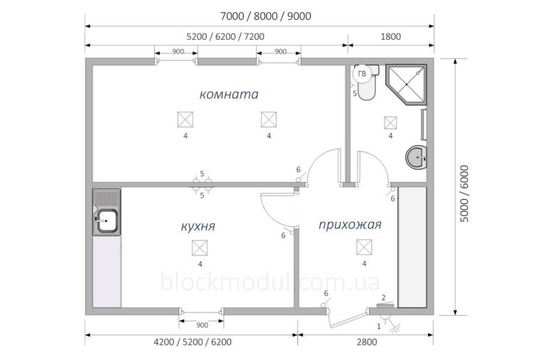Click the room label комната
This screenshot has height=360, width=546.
[x=229, y=95]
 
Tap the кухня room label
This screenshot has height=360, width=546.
[x=198, y=226]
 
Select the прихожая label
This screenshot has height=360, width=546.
[x=350, y=225]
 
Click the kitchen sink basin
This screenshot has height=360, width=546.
[x=107, y=221]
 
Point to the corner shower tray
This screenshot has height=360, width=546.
[x=406, y=85]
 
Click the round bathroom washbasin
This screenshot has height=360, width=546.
[x=416, y=157]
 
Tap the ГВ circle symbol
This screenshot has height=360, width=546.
[x=362, y=74]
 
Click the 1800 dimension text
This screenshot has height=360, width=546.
[x=391, y=36]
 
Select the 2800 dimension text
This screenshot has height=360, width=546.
[x=367, y=342]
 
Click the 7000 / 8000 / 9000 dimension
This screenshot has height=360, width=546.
[x=266, y=16]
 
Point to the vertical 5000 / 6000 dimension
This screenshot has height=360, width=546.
[x=464, y=194]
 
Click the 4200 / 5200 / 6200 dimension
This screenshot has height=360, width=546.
[x=193, y=342]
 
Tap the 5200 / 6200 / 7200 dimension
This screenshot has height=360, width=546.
[x=225, y=36]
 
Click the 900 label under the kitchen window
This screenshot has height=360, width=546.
[x=202, y=325]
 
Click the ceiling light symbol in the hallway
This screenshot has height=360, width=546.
[x=364, y=248]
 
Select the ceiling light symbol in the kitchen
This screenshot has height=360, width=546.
[x=200, y=248]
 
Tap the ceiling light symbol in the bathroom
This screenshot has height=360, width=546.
[x=390, y=122]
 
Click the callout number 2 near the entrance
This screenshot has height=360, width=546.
[x=383, y=297]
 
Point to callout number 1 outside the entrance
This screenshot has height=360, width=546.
[x=379, y=327]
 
